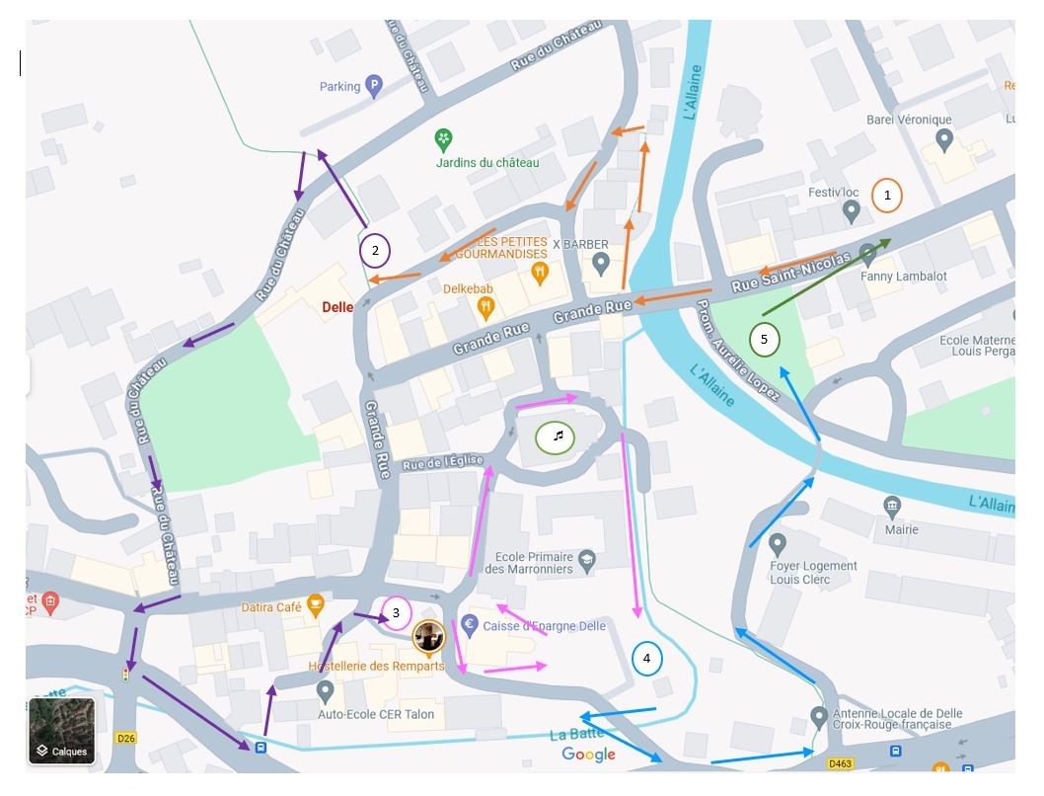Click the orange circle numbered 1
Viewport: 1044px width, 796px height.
[x=886, y=196]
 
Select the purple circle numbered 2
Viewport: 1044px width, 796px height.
[x=375, y=251]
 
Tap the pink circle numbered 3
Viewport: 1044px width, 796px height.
[x=396, y=613]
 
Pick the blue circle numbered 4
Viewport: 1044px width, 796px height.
[x=646, y=659]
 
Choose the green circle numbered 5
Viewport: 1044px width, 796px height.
[x=764, y=340]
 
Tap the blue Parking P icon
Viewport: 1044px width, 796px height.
[x=373, y=87]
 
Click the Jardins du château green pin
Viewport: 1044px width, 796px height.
[x=444, y=139]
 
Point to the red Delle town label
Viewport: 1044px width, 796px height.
[x=337, y=307]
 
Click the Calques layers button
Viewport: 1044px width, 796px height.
[x=61, y=732]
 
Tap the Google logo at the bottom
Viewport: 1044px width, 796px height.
[x=588, y=755]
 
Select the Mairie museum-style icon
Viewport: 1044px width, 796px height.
[x=893, y=507]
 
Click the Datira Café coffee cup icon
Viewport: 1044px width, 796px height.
[x=315, y=603]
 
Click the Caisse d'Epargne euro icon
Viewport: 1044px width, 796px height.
[x=470, y=624]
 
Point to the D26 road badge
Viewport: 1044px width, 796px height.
[x=125, y=738]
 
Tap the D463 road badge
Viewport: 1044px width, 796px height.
[x=840, y=763]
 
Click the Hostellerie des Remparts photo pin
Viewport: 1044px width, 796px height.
[x=428, y=638]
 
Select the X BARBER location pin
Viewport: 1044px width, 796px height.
[x=600, y=264]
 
